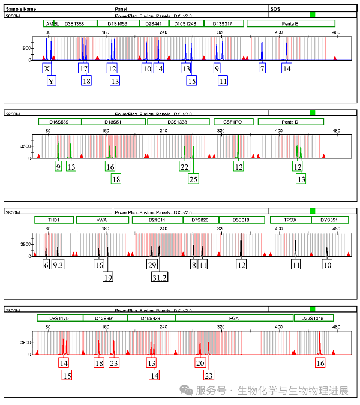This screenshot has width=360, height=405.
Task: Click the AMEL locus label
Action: (52, 23)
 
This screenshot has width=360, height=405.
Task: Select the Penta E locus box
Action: (291, 23)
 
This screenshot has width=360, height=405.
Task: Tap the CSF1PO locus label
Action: (233, 122)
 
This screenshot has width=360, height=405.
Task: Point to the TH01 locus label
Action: (53, 220)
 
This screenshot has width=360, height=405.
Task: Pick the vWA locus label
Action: (101, 220)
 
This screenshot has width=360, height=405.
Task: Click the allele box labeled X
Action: (47, 69)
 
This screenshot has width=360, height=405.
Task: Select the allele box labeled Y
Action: (52, 81)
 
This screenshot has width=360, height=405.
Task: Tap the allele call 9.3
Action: (58, 265)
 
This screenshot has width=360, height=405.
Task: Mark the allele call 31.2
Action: (160, 277)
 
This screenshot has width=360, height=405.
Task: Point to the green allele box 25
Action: (193, 179)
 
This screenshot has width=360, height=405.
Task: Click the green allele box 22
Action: (184, 167)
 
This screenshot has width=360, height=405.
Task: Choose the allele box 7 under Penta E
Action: (262, 69)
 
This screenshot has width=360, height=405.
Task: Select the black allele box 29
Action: (152, 265)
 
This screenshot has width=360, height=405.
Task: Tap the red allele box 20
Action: (200, 362)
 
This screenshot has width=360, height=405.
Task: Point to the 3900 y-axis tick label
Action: (26, 244)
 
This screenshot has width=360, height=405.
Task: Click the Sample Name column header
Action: (21, 10)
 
